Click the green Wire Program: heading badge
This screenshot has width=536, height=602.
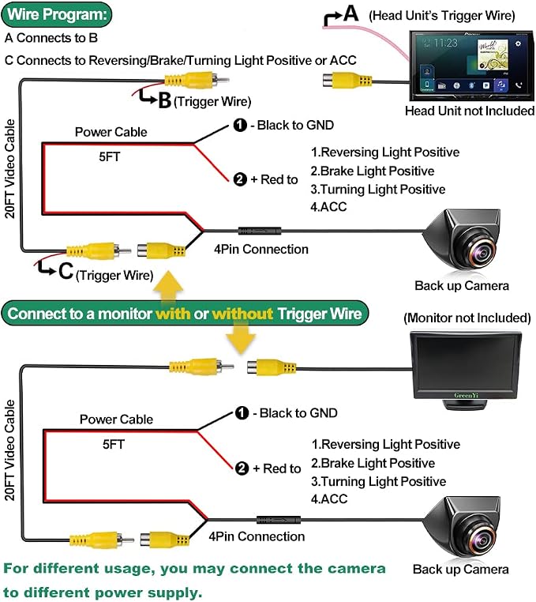coord(56,14)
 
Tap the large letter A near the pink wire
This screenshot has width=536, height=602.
coord(351,13)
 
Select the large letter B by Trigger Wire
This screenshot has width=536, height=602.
coord(165,101)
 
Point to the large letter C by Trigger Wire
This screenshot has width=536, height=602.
coord(66,271)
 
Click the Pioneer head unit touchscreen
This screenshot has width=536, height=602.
coord(471,65)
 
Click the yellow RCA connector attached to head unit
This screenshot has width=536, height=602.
coord(347,81)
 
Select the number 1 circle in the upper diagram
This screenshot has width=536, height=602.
coord(240,125)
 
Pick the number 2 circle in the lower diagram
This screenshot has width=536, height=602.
coord(242,468)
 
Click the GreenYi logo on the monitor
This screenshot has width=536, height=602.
coord(467,395)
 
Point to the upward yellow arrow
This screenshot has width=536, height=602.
coord(168,286)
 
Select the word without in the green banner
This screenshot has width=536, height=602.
coord(242,314)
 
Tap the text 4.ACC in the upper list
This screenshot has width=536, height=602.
coord(328,206)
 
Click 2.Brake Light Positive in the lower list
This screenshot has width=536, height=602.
coord(373,463)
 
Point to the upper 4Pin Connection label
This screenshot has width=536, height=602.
coord(261,249)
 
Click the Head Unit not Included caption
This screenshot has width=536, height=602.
coord(470,111)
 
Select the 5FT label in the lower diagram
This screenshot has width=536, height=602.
coord(113,444)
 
